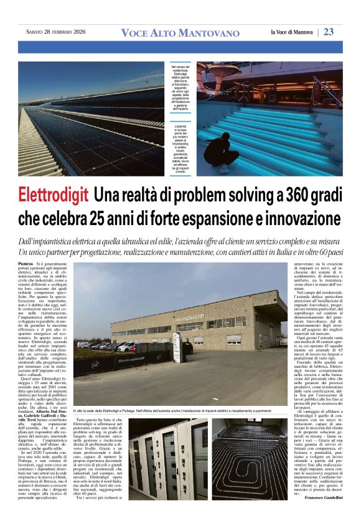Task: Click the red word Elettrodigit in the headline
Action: click(x=53, y=195)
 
